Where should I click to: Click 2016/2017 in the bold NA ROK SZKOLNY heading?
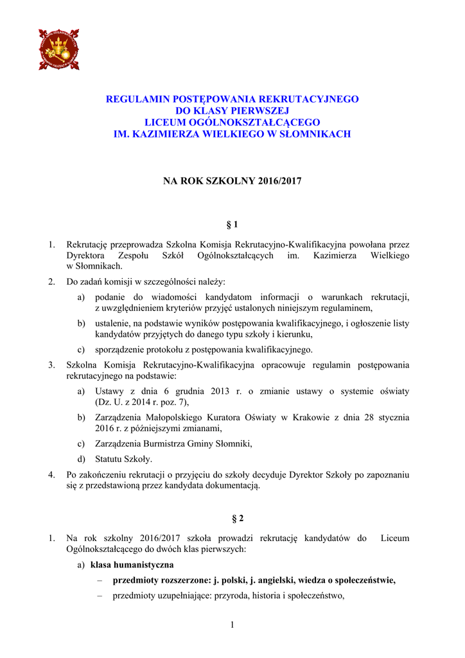tap(279, 182)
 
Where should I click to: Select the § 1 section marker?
tap(232, 224)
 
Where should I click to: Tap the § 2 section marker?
tap(232, 517)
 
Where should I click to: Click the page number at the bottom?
tap(232, 625)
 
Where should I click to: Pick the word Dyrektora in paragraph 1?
tap(86, 256)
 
